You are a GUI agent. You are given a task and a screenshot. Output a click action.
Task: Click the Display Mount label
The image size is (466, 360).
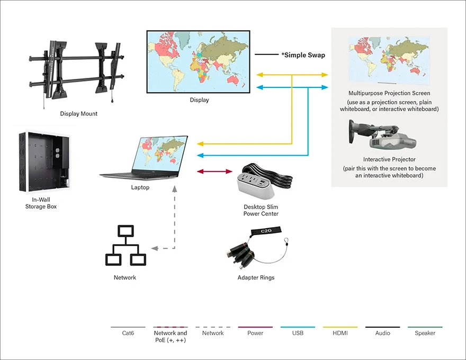[x=78, y=113]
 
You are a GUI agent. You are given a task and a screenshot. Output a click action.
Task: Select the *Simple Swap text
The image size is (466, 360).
[x=303, y=55]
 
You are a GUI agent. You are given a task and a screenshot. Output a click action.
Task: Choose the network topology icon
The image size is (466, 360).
[x=126, y=246]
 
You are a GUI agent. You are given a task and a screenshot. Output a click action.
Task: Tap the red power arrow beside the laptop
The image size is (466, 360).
[x=214, y=172]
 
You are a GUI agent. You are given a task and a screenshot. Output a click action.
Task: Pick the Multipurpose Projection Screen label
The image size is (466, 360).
[x=389, y=93]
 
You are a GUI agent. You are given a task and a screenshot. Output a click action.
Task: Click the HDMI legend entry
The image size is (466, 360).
[x=340, y=333]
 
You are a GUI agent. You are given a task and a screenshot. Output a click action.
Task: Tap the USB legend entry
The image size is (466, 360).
[x=298, y=333]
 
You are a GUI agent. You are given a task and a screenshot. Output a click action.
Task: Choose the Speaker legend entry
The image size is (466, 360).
[x=425, y=333]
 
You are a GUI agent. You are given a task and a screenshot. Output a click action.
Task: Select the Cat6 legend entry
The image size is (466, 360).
[x=128, y=333]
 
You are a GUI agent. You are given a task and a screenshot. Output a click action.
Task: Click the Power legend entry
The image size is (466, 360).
[x=255, y=333]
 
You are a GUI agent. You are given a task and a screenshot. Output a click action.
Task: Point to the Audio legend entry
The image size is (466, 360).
[x=382, y=333]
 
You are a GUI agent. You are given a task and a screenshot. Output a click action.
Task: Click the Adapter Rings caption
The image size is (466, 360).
[x=256, y=277]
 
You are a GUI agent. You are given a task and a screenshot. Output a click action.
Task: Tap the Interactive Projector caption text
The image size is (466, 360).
[x=389, y=159]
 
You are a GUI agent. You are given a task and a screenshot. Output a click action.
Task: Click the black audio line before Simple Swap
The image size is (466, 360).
[x=266, y=55]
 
